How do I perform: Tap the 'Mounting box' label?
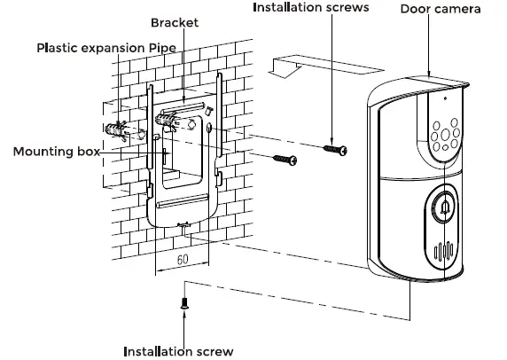(x=54, y=152)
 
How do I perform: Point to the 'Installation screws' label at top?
(x=310, y=8)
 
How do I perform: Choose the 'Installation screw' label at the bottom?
(x=178, y=350)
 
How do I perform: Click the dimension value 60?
(x=182, y=260)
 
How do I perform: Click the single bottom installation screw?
(x=185, y=301)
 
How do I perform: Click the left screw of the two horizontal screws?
(x=283, y=159)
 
